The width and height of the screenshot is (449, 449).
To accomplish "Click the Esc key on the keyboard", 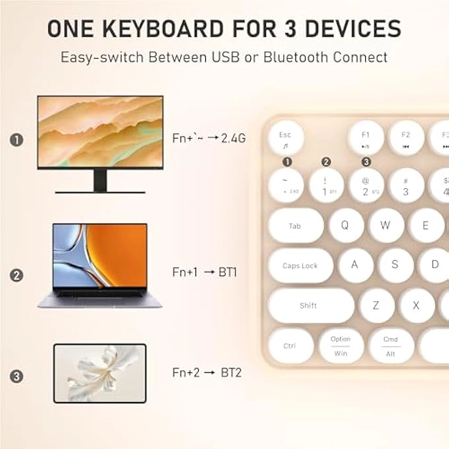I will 285,138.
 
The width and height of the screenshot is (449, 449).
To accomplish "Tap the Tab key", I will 295,226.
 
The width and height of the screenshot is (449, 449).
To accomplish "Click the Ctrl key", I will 291,345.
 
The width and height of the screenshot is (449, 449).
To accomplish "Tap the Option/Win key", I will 340,345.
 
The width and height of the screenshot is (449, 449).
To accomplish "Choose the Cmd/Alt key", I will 390,345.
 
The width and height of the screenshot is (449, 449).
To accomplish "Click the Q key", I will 344,224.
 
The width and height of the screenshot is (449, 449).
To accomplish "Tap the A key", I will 355,265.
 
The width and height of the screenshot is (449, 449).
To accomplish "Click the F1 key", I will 365,138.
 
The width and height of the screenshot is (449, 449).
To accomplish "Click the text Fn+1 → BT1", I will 204,272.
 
